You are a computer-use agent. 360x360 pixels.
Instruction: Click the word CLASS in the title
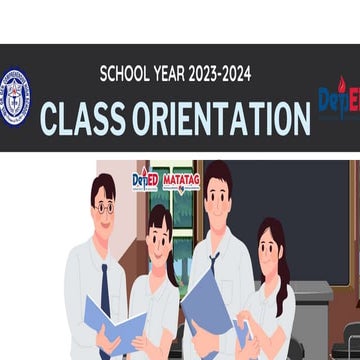82,118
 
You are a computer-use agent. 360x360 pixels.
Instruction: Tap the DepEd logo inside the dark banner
338,100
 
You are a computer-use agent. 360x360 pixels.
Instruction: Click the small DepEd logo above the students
145,181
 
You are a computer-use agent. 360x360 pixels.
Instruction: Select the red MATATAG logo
181,181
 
